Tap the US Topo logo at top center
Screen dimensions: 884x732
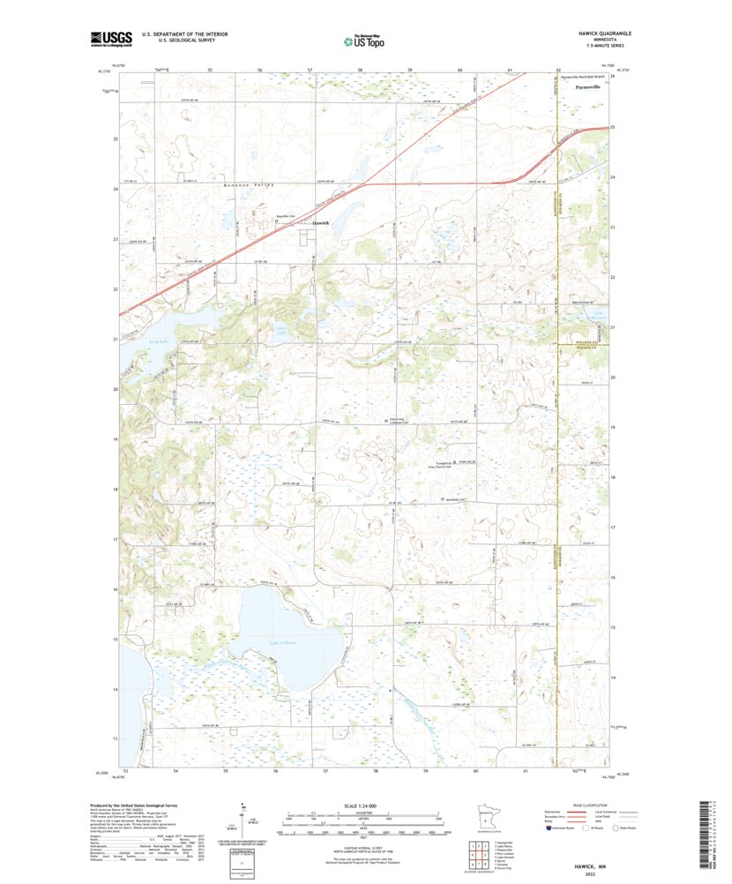[x=364, y=40]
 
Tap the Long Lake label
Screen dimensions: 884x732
[x=135, y=336]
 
